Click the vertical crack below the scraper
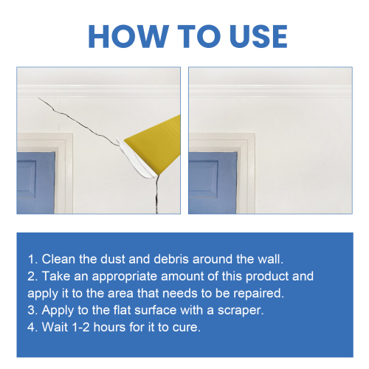pos(156,196)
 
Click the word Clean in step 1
pos(58,260)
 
